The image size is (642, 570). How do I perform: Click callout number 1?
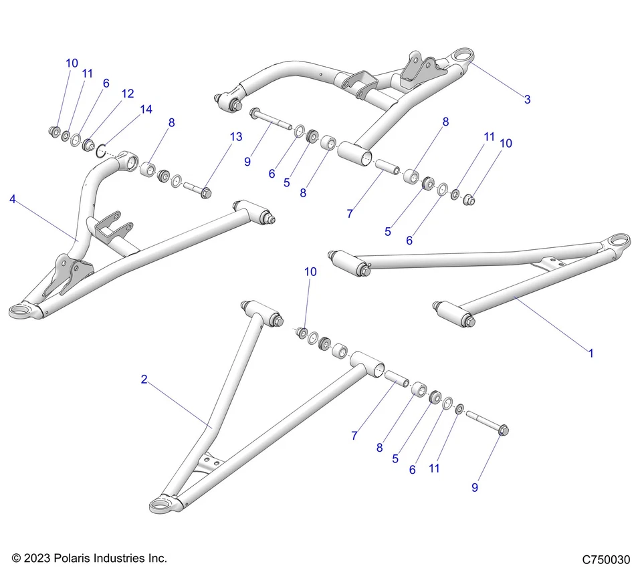click(x=591, y=353)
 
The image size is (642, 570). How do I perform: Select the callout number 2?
click(x=144, y=380)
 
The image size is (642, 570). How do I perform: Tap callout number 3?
click(x=527, y=100)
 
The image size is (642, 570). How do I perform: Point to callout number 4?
click(x=13, y=198)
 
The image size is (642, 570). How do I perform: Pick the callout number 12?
click(x=128, y=94)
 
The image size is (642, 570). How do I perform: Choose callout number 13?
click(x=235, y=137)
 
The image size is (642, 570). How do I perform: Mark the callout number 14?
click(x=145, y=109)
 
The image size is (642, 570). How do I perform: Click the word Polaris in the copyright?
click(x=73, y=558)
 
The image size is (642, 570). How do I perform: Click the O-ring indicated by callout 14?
click(x=101, y=148)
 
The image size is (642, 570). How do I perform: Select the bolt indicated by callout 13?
click(x=196, y=190)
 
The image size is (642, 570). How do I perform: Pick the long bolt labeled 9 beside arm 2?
click(x=488, y=423)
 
